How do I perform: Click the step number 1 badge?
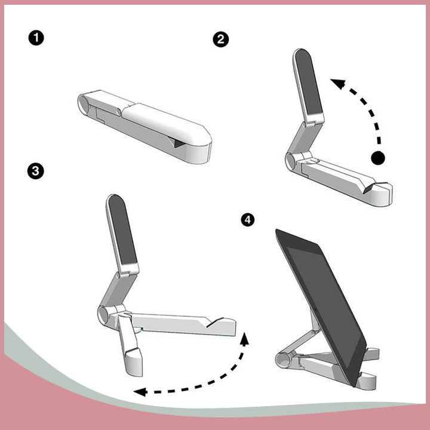click(x=36, y=38)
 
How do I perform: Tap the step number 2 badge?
click(x=221, y=39)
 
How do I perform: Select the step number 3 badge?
click(x=36, y=171)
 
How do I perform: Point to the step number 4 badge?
click(x=248, y=220)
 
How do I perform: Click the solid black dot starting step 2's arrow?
click(x=378, y=158)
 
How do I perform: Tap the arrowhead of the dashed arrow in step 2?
click(x=338, y=83)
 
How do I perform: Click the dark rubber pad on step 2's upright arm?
click(x=308, y=82)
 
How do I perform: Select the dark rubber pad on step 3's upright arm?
click(x=122, y=229)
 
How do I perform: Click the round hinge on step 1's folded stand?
click(x=84, y=104)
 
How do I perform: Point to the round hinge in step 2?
click(x=291, y=161)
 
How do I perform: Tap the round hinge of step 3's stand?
click(x=103, y=315)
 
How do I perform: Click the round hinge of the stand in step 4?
click(x=283, y=360)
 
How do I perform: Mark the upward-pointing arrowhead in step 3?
click(x=245, y=339)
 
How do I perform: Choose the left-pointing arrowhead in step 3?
click(x=140, y=392)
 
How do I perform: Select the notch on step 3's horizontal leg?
click(x=215, y=322)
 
